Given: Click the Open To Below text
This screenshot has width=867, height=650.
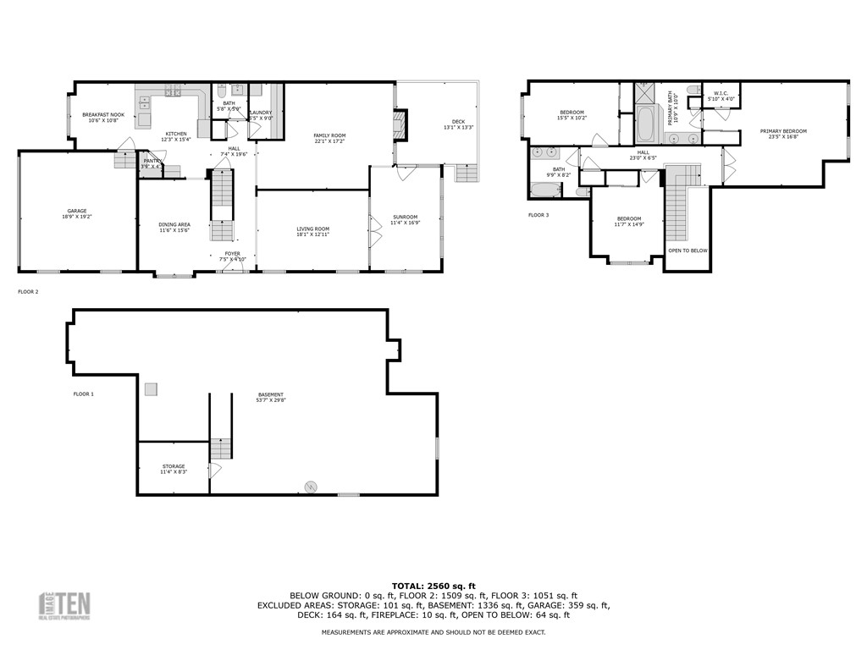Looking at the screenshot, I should coord(688,251).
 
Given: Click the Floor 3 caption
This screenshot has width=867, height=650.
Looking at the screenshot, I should coord(538,215).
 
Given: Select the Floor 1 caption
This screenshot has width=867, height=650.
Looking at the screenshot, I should coord(83,394).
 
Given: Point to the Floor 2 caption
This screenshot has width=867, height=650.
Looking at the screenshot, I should coord(28,291).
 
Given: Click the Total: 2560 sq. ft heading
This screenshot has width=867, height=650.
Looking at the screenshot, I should coord(433,586).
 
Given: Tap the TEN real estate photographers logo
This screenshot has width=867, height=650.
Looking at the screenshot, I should coord(66,605).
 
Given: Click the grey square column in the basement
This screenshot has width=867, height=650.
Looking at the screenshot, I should coord(150,388).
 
